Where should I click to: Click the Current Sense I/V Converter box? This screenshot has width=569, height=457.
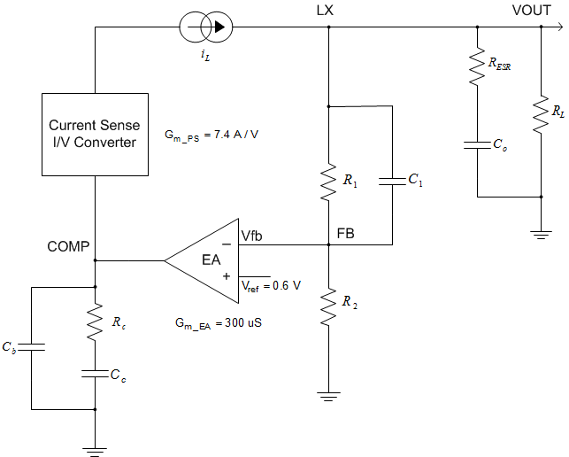pyautogui.click(x=94, y=134)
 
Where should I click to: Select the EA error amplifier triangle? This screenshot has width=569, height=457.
pyautogui.click(x=209, y=260)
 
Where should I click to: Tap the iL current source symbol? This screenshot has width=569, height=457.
pyautogui.click(x=204, y=27)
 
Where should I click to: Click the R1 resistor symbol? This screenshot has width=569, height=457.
pyautogui.click(x=328, y=181)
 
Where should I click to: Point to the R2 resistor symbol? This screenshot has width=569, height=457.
pyautogui.click(x=328, y=306)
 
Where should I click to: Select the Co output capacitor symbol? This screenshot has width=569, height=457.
pyautogui.click(x=477, y=143)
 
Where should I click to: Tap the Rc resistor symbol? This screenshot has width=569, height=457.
pyautogui.click(x=95, y=323)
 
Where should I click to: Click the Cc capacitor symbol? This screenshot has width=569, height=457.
pyautogui.click(x=95, y=373)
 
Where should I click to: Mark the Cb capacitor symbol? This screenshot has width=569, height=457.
pyautogui.click(x=31, y=348)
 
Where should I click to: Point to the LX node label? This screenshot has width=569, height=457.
pyautogui.click(x=325, y=11)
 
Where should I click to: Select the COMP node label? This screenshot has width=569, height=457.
pyautogui.click(x=68, y=246)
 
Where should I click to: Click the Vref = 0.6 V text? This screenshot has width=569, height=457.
pyautogui.click(x=271, y=285)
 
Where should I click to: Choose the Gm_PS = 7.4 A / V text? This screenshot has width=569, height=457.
pyautogui.click(x=210, y=136)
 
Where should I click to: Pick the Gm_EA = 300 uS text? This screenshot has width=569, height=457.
pyautogui.click(x=218, y=323)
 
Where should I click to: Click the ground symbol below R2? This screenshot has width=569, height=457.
pyautogui.click(x=328, y=396)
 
